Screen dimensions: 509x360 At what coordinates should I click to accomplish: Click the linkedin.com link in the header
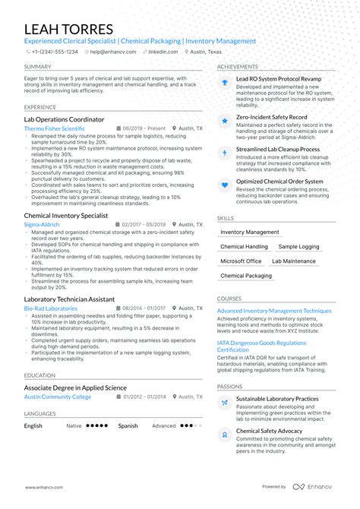(163, 52)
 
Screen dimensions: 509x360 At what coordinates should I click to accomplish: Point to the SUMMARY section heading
(37, 67)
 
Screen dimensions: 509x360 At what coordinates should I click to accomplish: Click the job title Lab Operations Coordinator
(64, 119)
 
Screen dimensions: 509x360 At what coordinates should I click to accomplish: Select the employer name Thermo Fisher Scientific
(54, 129)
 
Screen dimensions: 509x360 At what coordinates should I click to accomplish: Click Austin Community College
(57, 397)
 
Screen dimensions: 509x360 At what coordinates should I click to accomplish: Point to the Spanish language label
(128, 426)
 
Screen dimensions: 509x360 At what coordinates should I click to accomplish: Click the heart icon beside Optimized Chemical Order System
(225, 184)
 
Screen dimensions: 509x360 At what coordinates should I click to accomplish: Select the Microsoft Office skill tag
(241, 261)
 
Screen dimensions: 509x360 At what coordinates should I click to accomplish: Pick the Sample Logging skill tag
(298, 247)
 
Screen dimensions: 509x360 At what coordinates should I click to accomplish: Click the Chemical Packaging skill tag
(246, 276)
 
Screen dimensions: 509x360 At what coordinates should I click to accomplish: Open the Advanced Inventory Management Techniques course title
(274, 311)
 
